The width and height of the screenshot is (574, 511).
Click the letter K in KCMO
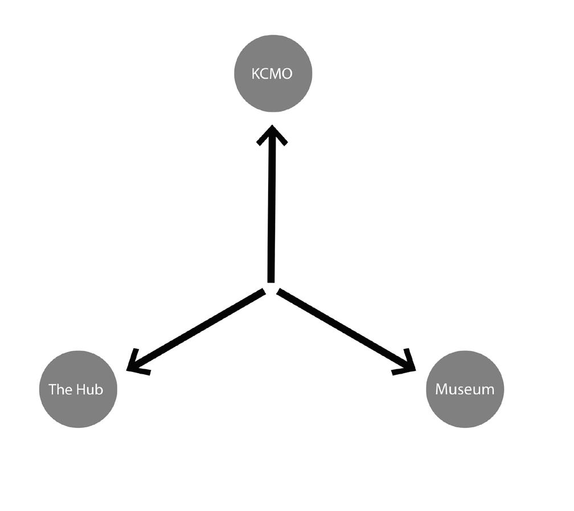(x=255, y=74)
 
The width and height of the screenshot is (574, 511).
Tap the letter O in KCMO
(x=288, y=74)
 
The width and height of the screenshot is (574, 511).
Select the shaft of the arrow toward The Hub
(x=199, y=329)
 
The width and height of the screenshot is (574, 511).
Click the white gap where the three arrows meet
(x=272, y=288)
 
